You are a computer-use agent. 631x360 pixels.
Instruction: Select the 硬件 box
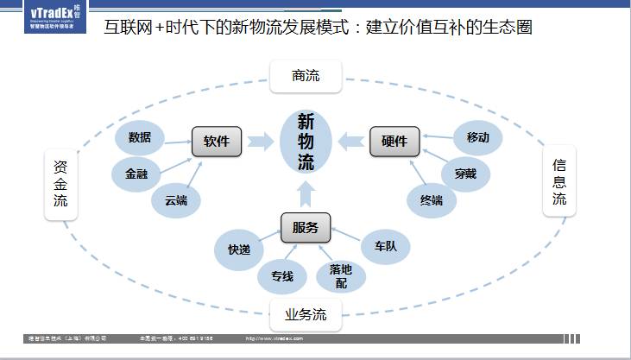pos(394,142)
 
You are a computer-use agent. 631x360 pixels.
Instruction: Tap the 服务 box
pos(305,228)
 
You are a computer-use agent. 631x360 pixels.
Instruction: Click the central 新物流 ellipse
pos(306,142)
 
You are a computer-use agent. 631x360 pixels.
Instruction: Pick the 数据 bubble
pos(140,137)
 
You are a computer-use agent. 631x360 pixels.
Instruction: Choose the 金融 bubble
pos(136,174)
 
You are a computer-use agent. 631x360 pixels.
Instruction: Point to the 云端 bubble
pos(176,201)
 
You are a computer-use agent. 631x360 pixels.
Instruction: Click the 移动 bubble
pos(477,137)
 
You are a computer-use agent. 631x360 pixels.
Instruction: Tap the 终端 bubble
pos(432,200)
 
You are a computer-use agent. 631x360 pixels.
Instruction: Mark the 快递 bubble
pos(239,249)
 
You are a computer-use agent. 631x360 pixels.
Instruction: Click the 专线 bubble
pos(282,276)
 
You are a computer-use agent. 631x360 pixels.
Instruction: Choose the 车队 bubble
pos(385,246)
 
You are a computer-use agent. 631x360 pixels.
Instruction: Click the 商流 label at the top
pos(306,76)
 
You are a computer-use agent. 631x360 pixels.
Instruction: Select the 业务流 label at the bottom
pos(306,313)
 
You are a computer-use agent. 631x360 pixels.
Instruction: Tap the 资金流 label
pos(60,185)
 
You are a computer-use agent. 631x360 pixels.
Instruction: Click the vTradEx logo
pos(55,16)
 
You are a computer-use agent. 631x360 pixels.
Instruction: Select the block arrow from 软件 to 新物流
pos(260,142)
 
